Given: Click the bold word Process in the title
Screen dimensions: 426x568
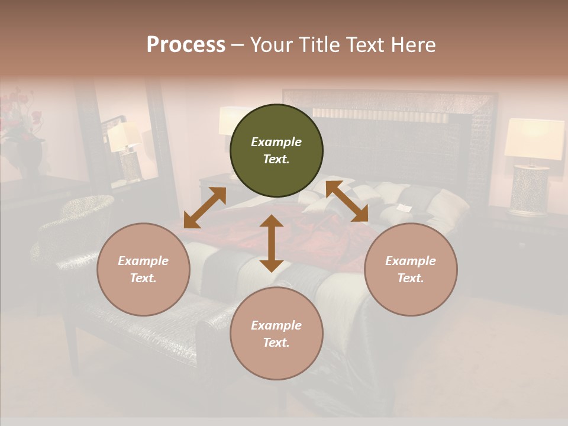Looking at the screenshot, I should pyautogui.click(x=186, y=45).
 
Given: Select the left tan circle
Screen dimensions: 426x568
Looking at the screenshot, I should pyautogui.click(x=143, y=269).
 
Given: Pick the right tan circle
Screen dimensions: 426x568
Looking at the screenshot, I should pyautogui.click(x=411, y=269).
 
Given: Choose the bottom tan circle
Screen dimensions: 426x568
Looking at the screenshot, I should pyautogui.click(x=276, y=333).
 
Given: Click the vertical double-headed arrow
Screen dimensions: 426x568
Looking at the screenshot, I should pyautogui.click(x=272, y=243).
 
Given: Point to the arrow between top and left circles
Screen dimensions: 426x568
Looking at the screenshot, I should pyautogui.click(x=205, y=207).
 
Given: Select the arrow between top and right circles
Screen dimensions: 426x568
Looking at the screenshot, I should pyautogui.click(x=347, y=202).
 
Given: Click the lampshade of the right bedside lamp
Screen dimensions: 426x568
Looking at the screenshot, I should pyautogui.click(x=534, y=139).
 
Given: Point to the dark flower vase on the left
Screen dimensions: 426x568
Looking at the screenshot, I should pyautogui.click(x=30, y=157).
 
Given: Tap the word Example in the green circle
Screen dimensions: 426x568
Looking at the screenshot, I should pyautogui.click(x=276, y=142).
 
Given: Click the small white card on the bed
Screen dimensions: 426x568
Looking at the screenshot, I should pyautogui.click(x=404, y=207).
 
